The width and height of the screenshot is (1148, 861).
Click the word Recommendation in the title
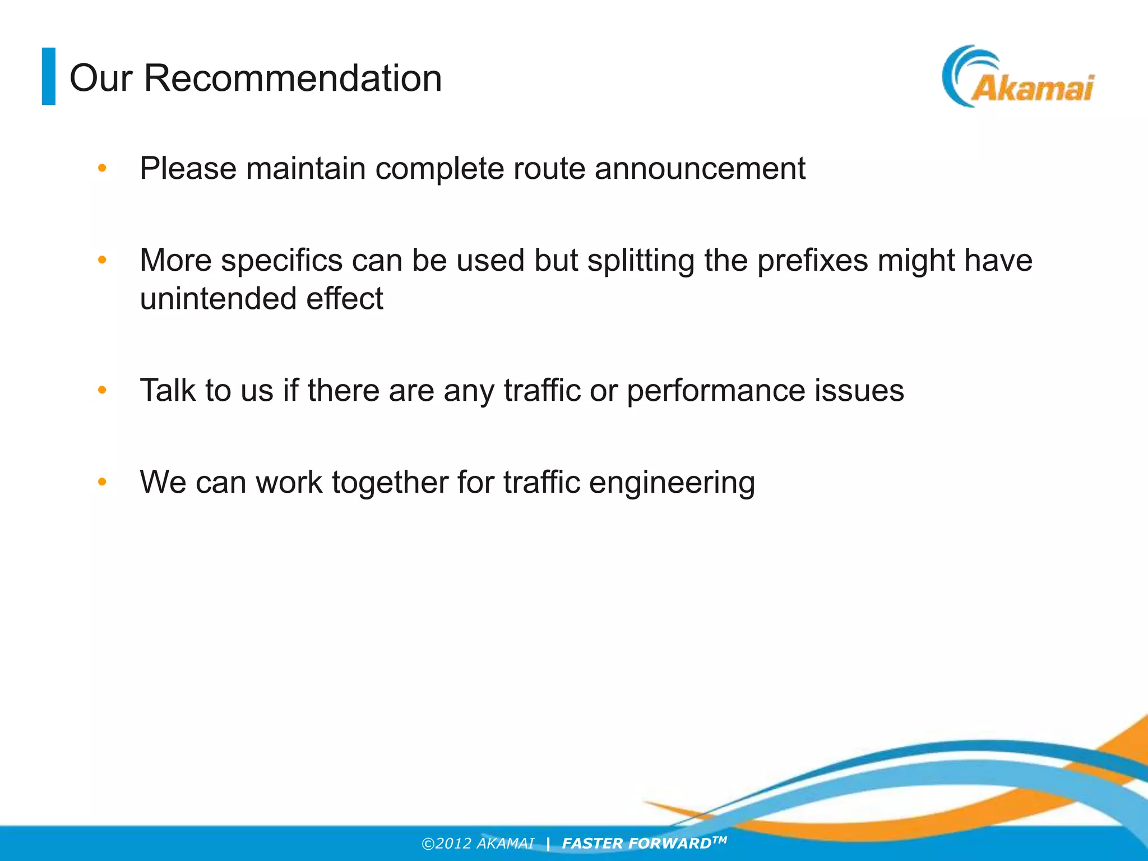(293, 78)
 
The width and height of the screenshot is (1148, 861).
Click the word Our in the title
(100, 78)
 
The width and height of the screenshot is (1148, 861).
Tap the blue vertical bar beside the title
(49, 76)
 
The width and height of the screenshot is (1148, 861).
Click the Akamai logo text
(1032, 89)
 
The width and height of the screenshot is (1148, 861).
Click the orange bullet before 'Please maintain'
(101, 168)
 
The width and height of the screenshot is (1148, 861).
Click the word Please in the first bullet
(188, 168)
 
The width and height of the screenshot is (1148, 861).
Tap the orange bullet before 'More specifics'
(101, 260)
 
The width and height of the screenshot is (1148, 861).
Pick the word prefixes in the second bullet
(812, 261)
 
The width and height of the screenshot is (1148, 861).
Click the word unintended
(217, 298)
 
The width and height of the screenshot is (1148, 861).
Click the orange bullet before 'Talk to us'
(101, 390)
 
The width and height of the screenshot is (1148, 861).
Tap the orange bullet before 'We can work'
(101, 482)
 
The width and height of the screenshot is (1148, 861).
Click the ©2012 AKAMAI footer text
(478, 844)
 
